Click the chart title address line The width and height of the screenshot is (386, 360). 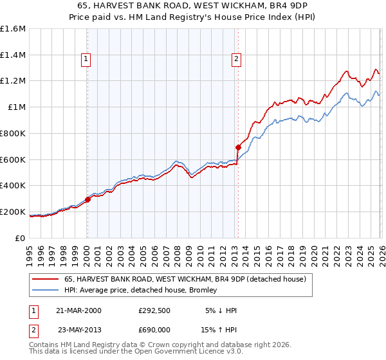click(193, 5)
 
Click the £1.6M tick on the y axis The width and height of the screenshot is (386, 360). click(13, 29)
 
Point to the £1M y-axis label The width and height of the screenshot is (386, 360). click(17, 107)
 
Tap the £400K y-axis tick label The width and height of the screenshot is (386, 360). click(13, 186)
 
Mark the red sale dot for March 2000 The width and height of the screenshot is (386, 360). click(88, 199)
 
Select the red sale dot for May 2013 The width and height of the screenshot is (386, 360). click(238, 147)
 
